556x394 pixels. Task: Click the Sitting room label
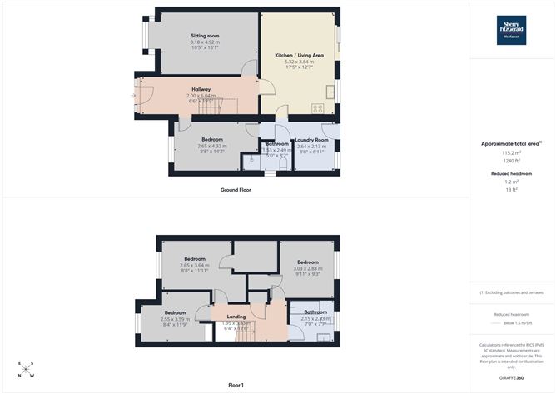(205, 37)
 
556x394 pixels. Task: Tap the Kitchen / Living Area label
(299, 55)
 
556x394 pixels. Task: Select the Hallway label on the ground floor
(201, 89)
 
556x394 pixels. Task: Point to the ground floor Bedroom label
(211, 139)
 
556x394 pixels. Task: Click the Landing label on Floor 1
(236, 317)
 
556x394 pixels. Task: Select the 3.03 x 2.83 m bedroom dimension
(308, 268)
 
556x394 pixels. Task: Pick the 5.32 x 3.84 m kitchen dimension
(299, 62)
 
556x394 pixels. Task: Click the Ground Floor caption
(236, 190)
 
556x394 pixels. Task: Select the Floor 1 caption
(236, 385)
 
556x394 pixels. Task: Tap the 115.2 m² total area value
(512, 153)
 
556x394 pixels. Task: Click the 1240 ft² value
(512, 160)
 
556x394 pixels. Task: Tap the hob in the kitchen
(318, 107)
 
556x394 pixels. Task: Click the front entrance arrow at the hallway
(132, 94)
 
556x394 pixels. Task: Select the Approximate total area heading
(511, 143)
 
